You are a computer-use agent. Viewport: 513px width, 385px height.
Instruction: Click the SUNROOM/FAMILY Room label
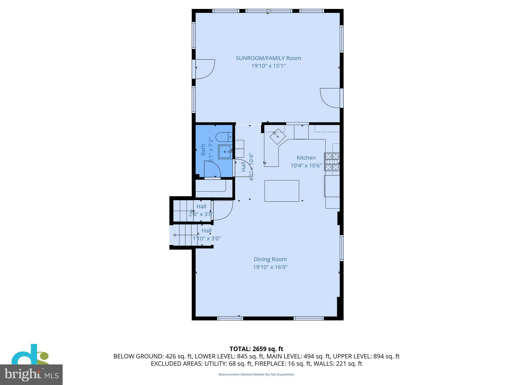click(x=268, y=58)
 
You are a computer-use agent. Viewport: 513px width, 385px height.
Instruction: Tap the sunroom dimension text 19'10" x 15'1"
click(x=268, y=66)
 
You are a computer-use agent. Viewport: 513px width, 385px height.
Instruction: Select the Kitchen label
click(x=306, y=158)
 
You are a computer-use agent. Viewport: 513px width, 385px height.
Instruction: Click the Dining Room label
click(x=270, y=259)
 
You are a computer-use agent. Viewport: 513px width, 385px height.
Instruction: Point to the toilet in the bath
click(x=224, y=137)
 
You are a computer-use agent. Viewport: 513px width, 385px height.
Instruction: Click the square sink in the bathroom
click(x=224, y=152)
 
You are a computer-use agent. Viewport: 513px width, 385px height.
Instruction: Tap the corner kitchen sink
click(x=278, y=137)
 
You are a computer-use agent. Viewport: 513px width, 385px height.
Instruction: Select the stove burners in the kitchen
click(x=332, y=162)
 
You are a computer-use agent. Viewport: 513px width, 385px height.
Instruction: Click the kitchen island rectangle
click(x=282, y=191)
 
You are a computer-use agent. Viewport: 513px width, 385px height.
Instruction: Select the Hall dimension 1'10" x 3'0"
click(x=206, y=238)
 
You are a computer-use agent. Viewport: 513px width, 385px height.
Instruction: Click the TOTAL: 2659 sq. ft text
click(x=256, y=349)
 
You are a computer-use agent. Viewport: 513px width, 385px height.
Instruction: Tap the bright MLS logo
click(x=31, y=374)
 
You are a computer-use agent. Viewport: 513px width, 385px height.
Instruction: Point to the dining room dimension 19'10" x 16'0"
click(x=270, y=267)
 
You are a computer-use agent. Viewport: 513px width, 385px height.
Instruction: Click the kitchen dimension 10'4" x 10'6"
click(x=306, y=165)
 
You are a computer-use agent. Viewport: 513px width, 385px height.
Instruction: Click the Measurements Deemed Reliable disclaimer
click(x=256, y=374)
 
